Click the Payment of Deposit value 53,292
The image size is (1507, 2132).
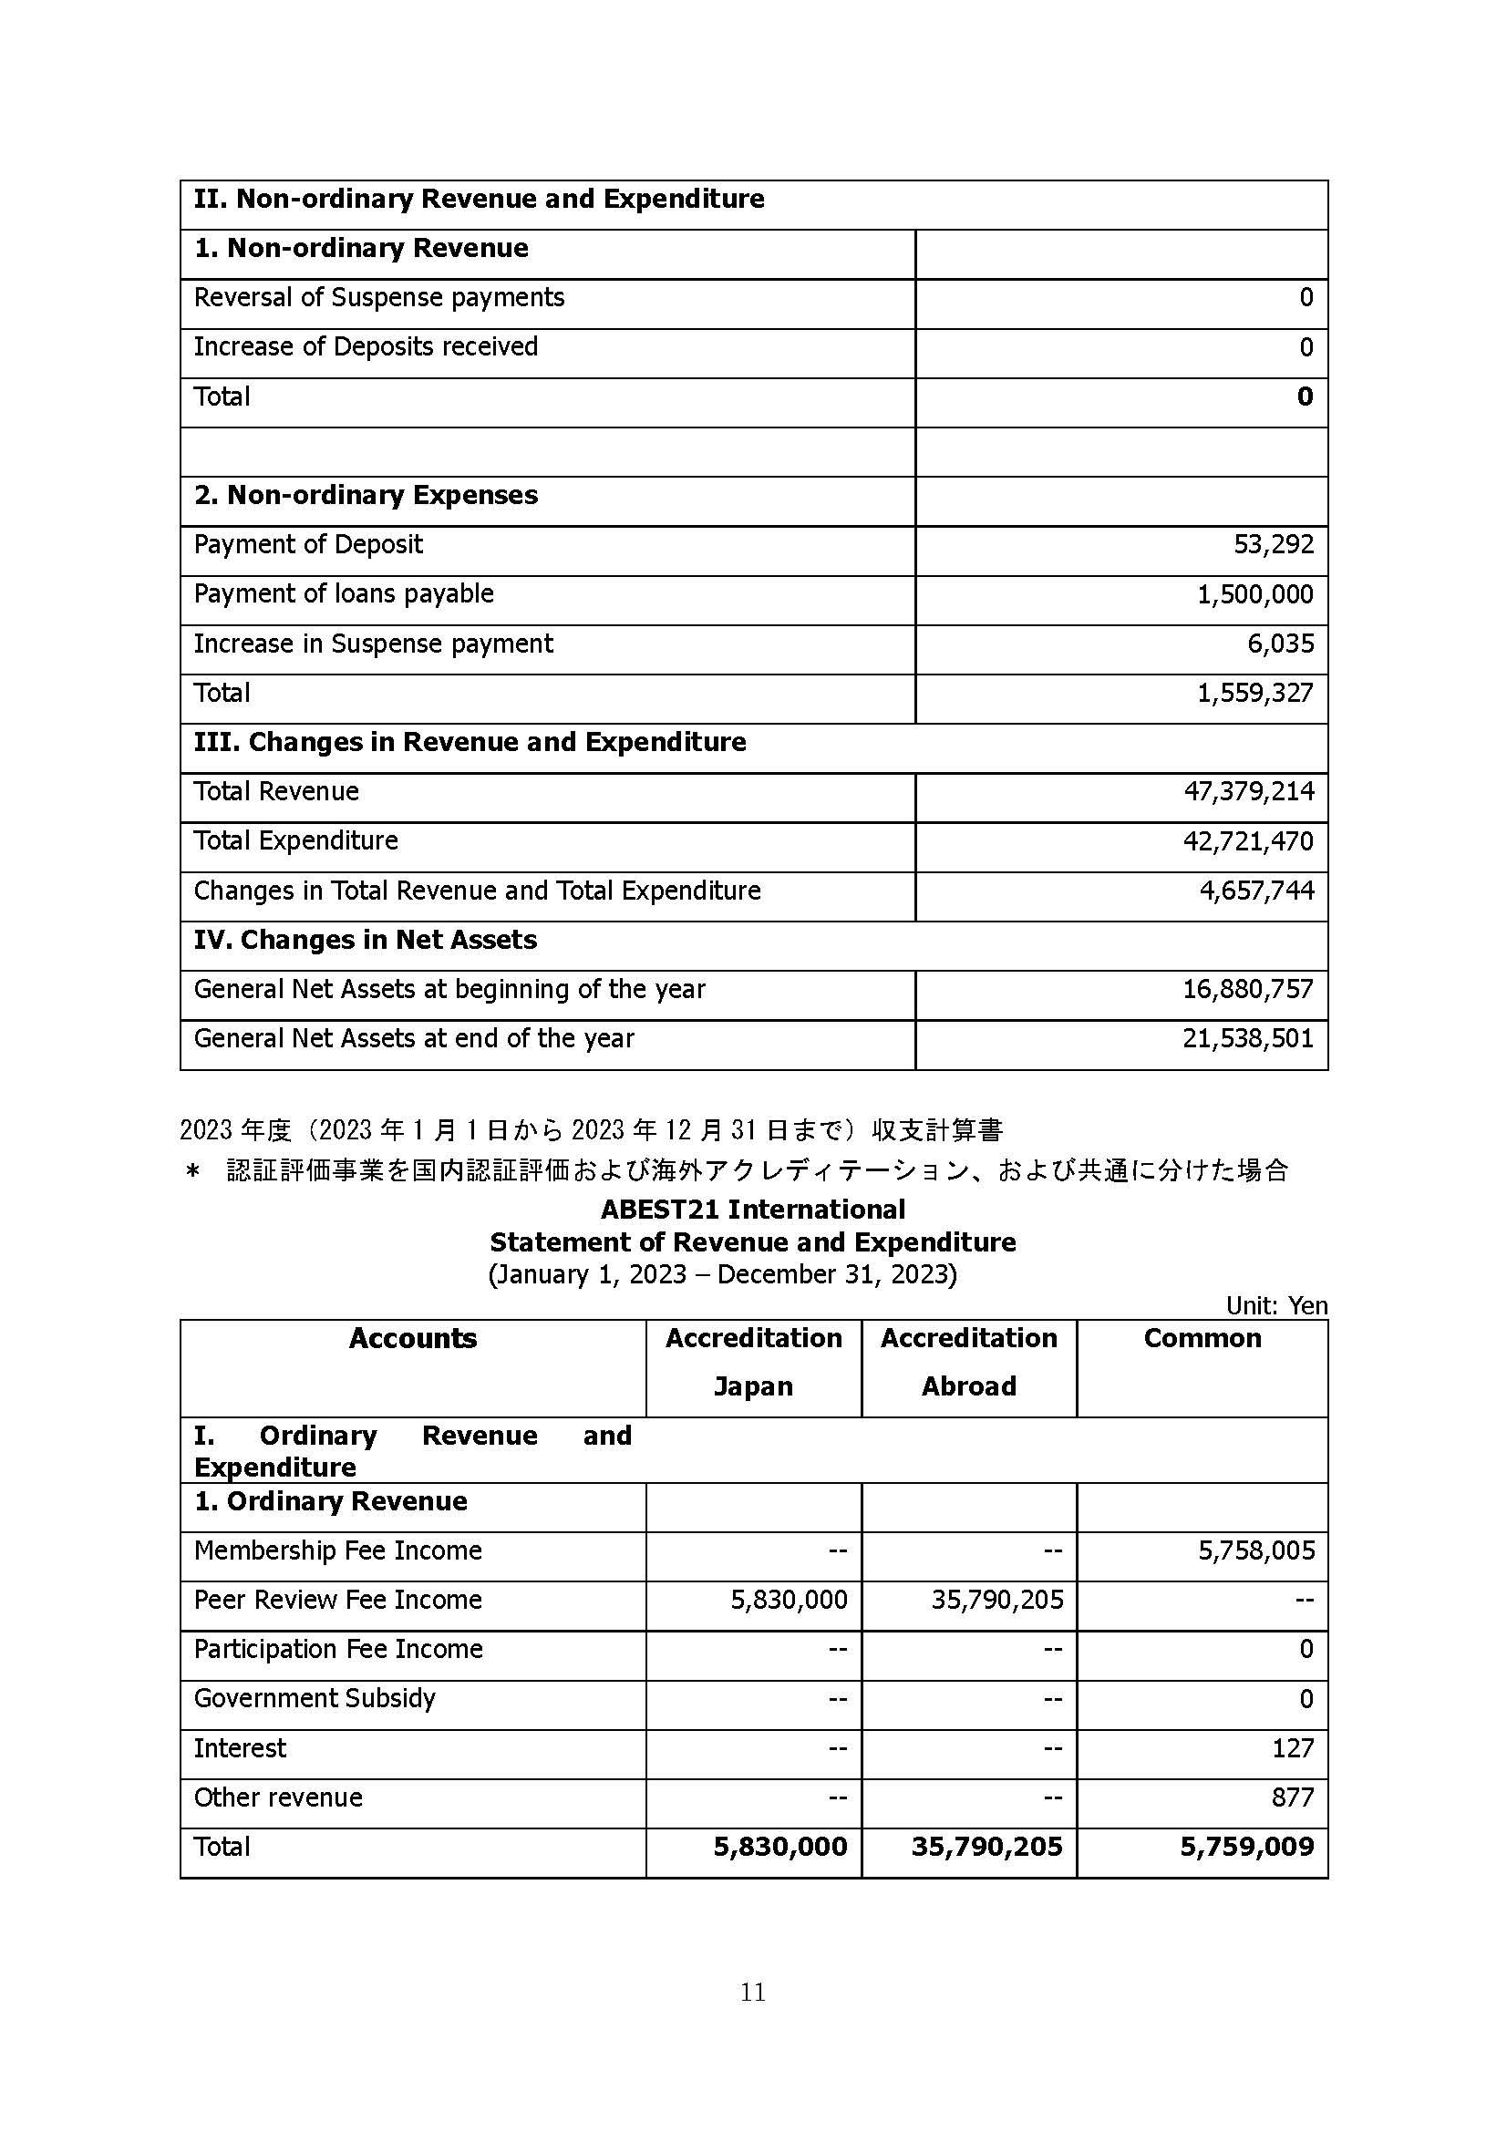pos(1273,544)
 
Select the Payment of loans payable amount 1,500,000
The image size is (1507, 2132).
pos(1254,594)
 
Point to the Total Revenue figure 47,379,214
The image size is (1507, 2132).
pos(1248,791)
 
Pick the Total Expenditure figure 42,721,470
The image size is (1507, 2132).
pos(1248,841)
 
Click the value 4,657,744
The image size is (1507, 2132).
pos(1256,891)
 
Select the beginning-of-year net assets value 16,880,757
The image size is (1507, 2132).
pos(1248,989)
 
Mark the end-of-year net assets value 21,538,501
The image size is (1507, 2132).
pos(1248,1038)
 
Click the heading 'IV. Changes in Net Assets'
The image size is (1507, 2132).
pos(365,940)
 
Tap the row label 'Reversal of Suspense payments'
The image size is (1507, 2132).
pos(379,297)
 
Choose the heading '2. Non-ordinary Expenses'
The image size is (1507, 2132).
pos(366,495)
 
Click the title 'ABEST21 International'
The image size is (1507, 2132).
pos(752,1209)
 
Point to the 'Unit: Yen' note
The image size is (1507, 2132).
pos(1275,1305)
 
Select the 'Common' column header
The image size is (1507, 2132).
pos(1202,1338)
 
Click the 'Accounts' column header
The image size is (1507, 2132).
pos(412,1338)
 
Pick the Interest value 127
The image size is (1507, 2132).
pos(1293,1748)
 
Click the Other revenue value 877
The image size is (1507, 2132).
pos(1293,1797)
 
